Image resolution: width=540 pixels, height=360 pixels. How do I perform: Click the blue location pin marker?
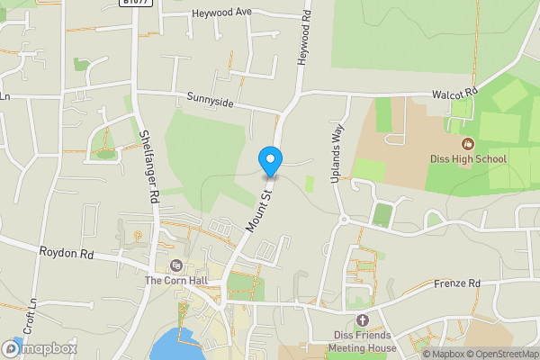(270, 161)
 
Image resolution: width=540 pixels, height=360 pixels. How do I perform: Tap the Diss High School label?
(467, 159)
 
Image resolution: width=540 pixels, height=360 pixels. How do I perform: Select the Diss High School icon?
(467, 143)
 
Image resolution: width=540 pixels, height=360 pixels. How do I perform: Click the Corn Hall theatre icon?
(175, 265)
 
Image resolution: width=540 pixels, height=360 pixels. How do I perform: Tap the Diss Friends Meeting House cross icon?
(363, 320)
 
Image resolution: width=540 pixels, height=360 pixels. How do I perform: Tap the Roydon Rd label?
(67, 254)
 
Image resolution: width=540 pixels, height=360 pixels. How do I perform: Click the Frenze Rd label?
(457, 283)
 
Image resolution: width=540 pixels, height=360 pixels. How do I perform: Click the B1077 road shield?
(137, 3)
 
